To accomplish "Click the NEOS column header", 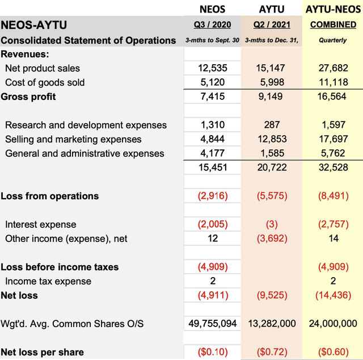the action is click(x=212, y=9).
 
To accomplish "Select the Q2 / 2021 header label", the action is click(x=272, y=24).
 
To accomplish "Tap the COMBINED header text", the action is click(x=333, y=24).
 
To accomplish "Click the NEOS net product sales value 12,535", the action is click(x=213, y=68).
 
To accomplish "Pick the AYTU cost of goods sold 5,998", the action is click(x=272, y=82).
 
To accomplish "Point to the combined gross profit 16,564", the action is click(x=332, y=96).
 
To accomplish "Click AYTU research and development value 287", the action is click(x=272, y=125).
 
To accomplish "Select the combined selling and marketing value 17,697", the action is click(x=333, y=139).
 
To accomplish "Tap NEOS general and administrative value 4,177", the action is click(x=213, y=153).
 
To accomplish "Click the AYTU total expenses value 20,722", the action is click(x=272, y=167).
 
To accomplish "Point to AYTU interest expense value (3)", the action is click(x=272, y=224).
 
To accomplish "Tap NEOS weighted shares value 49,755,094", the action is click(x=213, y=323).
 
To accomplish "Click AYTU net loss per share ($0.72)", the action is click(x=272, y=352).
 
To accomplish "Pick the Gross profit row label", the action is click(x=28, y=97).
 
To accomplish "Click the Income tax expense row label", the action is click(x=48, y=281).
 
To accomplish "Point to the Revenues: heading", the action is click(x=25, y=54).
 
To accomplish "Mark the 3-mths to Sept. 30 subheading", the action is click(x=212, y=40).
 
